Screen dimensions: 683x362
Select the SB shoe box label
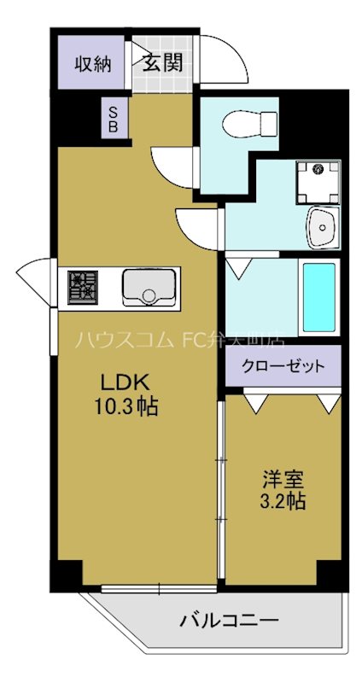tap(112, 119)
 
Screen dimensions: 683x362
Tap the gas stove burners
tap(84, 285)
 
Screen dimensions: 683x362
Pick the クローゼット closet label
tap(283, 367)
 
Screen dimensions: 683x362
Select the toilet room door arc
tap(173, 162)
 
